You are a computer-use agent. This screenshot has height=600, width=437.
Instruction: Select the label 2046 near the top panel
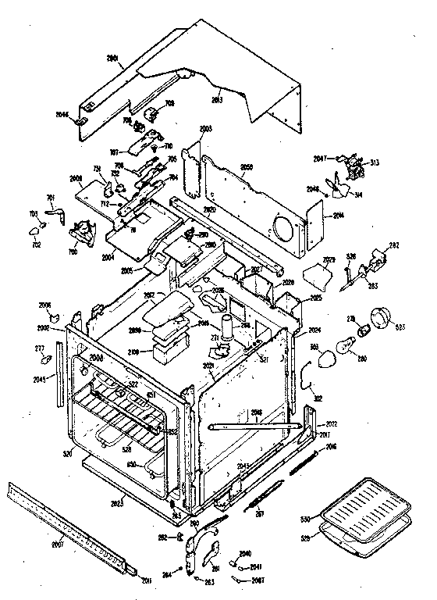tap(62, 115)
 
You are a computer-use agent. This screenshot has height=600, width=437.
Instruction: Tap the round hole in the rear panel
tap(285, 230)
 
